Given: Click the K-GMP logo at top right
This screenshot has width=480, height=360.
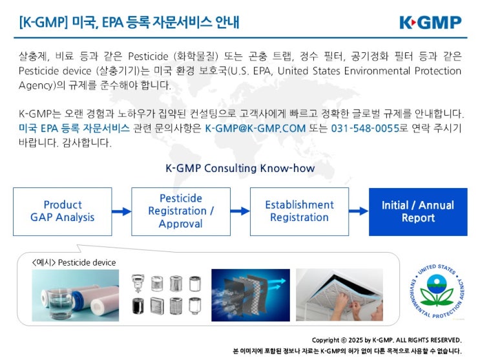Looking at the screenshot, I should point(430,23).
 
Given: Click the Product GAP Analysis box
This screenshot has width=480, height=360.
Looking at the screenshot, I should point(63,211).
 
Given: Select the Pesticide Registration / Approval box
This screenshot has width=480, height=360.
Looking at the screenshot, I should point(181,211).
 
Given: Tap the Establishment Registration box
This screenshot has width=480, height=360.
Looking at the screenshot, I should point(299,211).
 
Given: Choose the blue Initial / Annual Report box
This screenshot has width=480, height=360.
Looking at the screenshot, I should point(417,211).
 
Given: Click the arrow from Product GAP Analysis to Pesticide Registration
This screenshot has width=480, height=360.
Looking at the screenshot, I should point(121,211).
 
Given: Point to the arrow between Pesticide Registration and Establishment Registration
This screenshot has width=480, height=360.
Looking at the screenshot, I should point(240,211).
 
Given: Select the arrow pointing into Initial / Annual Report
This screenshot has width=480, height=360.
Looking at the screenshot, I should point(358,211).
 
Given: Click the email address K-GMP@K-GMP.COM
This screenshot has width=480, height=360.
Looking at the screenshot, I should point(255,129).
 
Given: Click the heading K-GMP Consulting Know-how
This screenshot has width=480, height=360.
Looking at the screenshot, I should point(240,169).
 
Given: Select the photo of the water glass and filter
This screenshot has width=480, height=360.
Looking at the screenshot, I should point(76,295).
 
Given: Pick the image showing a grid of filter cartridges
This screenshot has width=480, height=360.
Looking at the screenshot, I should point(166,295).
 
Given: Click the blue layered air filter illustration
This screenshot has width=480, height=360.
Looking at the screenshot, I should point(250,295).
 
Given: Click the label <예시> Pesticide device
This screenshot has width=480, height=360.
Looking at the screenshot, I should point(74,262).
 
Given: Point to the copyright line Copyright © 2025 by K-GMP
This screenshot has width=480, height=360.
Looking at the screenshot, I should point(386,340).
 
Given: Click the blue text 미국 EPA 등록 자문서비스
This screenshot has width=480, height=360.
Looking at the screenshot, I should point(74,129).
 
